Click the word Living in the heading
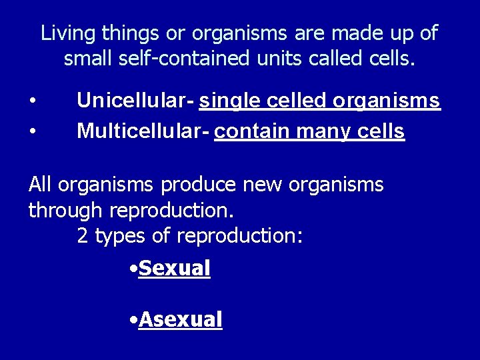pyautogui.click(x=63, y=33)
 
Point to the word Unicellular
pyautogui.click(x=132, y=101)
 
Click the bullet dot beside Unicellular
pyautogui.click(x=32, y=101)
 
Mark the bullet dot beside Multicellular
pyautogui.click(x=32, y=132)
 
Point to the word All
pyautogui.click(x=40, y=184)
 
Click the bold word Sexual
pyautogui.click(x=174, y=269)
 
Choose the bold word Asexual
pyautogui.click(x=180, y=319)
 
